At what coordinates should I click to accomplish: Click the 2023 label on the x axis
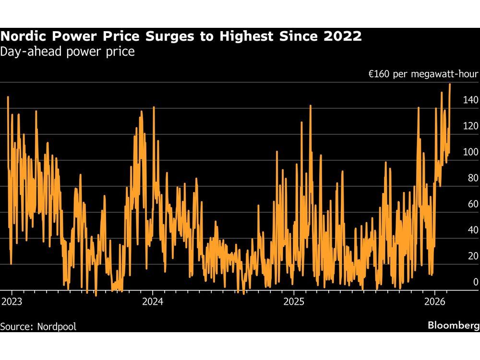click(12, 301)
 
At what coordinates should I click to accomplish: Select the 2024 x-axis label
click(153, 301)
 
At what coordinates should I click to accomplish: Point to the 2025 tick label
click(294, 301)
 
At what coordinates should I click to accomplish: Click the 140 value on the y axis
click(470, 100)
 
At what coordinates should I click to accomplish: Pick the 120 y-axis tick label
click(470, 126)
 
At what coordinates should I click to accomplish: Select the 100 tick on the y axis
click(470, 152)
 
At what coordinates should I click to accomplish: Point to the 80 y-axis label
click(473, 178)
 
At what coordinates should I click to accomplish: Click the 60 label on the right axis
click(473, 204)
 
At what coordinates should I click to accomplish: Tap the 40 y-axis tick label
click(473, 229)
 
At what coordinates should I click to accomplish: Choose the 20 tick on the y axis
click(473, 255)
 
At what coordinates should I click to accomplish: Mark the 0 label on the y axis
click(476, 282)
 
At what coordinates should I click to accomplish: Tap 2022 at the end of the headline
click(344, 36)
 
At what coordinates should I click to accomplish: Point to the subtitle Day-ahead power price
click(67, 51)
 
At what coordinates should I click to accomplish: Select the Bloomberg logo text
click(453, 325)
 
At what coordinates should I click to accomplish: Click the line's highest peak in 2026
click(450, 84)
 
